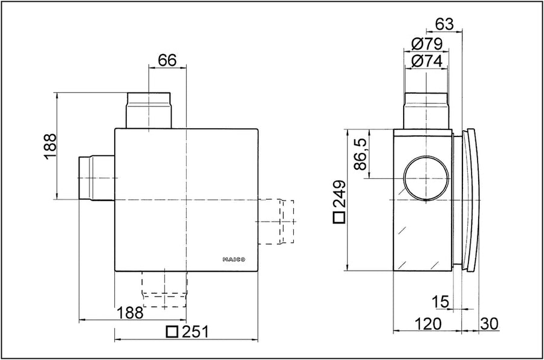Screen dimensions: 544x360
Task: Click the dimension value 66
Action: point(167,60)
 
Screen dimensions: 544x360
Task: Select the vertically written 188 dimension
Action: point(50,146)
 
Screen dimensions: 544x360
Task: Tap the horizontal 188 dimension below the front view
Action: point(130,313)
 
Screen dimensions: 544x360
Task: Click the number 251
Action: point(195,332)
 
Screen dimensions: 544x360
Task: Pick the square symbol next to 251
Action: point(172,332)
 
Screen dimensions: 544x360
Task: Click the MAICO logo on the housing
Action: point(234,259)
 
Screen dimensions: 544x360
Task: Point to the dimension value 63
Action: point(444,24)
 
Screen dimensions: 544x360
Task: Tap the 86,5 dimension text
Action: point(361,153)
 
